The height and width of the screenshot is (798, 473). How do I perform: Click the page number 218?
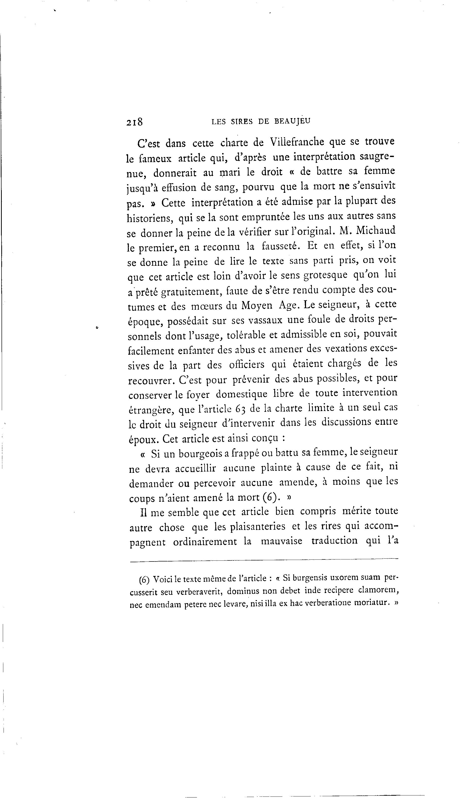(134, 122)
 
